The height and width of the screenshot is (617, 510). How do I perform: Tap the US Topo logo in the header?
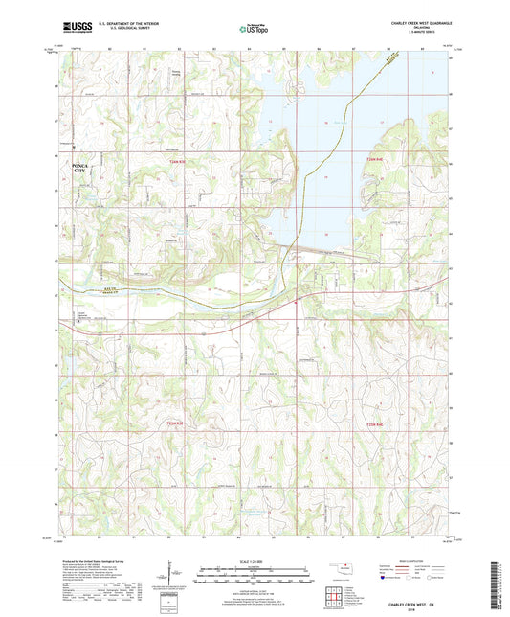pyautogui.click(x=253, y=30)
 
